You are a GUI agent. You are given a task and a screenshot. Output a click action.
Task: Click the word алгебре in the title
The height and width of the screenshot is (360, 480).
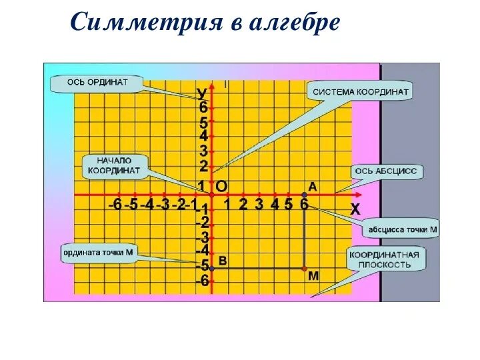pyautogui.click(x=295, y=24)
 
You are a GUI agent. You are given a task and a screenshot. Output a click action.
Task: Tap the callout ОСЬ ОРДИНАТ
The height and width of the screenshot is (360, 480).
pyautogui.click(x=97, y=83)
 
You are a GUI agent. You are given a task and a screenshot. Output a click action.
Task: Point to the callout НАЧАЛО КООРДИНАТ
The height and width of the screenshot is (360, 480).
pyautogui.click(x=114, y=166)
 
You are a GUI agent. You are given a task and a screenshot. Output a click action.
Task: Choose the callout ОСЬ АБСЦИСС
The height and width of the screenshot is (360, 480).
pyautogui.click(x=385, y=171)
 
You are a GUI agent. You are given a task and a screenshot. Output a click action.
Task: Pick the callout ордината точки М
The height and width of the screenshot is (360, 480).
pyautogui.click(x=98, y=253)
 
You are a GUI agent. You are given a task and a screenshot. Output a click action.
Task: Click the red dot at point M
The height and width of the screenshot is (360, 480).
pyautogui.click(x=305, y=269)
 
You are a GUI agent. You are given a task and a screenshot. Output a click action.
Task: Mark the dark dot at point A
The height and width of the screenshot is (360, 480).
pyautogui.click(x=305, y=195)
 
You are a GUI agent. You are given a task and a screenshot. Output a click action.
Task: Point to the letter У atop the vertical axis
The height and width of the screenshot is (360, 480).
pyautogui.click(x=201, y=93)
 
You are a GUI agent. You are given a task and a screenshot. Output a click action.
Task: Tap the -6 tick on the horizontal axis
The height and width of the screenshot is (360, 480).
pyautogui.click(x=115, y=205)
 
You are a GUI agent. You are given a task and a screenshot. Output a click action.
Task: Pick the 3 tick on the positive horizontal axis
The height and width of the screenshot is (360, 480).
pyautogui.click(x=259, y=205)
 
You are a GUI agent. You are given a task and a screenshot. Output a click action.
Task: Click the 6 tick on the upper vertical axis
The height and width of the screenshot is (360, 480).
pyautogui.click(x=203, y=107)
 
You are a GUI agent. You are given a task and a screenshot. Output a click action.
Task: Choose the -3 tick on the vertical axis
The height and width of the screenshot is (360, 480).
pyautogui.click(x=202, y=237)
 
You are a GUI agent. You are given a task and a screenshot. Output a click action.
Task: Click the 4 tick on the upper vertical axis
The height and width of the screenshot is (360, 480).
pyautogui.click(x=203, y=136)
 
